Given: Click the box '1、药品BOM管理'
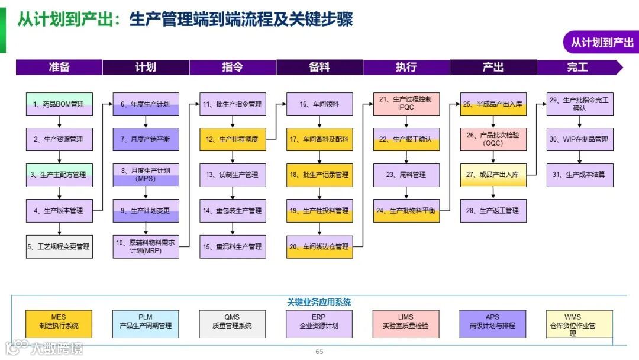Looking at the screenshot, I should (59, 104).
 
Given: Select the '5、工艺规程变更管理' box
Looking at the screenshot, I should (59, 246).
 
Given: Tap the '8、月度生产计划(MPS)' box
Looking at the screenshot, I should (146, 175).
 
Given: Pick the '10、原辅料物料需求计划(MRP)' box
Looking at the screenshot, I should (146, 246).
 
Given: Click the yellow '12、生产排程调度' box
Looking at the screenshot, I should (233, 139).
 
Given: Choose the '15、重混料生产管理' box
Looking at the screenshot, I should (233, 246).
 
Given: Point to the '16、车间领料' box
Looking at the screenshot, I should (319, 104).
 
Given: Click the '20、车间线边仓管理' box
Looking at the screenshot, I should (319, 246).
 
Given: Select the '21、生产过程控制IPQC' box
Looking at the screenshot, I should (406, 104).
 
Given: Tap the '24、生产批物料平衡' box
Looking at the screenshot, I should (406, 210).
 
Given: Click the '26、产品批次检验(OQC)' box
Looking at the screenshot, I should (493, 139).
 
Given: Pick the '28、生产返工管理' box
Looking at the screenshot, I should (493, 210).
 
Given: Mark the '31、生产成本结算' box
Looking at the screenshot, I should (580, 175).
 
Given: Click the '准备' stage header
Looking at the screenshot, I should (59, 67).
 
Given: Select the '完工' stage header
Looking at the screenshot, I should (577, 67).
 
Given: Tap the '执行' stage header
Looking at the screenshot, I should (406, 67).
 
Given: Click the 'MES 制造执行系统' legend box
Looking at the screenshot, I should (59, 322).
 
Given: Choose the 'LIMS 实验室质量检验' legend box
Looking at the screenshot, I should (406, 322).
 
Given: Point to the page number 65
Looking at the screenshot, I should (319, 352).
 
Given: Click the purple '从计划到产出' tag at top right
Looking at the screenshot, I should (601, 43).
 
